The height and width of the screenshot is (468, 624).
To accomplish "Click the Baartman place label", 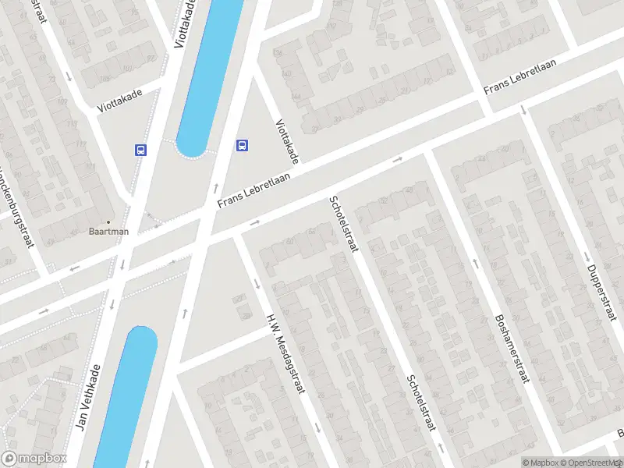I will click(108, 232).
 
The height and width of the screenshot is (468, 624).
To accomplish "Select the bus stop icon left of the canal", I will click(141, 150).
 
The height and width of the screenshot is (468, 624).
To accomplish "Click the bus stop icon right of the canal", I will click(243, 144).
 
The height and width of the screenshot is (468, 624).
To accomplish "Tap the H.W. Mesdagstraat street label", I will click(284, 353).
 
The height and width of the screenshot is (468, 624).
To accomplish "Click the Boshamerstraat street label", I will click(511, 348).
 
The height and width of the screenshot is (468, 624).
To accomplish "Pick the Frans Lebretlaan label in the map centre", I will click(253, 190).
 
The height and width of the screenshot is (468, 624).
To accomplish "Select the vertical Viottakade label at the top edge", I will click(185, 23).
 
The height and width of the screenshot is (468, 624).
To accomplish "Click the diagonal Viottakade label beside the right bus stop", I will click(286, 141).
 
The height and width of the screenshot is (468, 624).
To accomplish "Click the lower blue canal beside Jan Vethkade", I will click(125, 398).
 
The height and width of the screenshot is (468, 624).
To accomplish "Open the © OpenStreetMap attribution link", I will click(586, 463).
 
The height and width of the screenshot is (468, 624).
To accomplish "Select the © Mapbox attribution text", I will click(540, 463).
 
